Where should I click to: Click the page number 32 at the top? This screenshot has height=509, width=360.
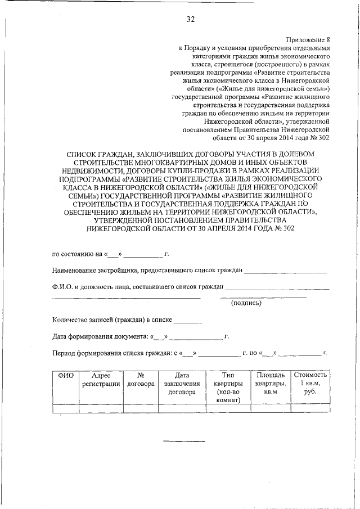coord(190,20)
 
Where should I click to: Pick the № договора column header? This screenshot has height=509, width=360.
coord(141,379)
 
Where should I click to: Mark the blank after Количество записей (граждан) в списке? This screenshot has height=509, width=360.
coord(187,322)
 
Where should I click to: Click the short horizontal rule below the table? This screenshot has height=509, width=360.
coord(177,440)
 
